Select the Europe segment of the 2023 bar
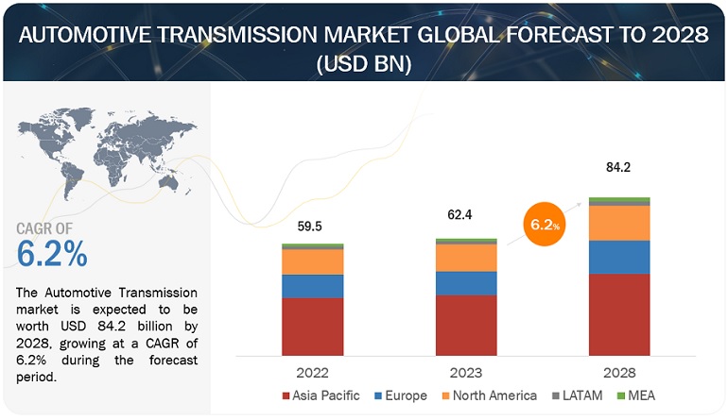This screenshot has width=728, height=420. [466, 283]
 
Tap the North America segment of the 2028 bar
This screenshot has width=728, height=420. [619, 223]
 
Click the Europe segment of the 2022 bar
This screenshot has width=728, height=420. [312, 286]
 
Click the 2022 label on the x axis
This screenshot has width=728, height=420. [312, 372]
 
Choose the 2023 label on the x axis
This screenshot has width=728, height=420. [466, 372]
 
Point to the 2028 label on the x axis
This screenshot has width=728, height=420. [619, 372]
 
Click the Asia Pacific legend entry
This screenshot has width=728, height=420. [321, 396]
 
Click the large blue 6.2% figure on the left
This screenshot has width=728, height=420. [53, 254]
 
